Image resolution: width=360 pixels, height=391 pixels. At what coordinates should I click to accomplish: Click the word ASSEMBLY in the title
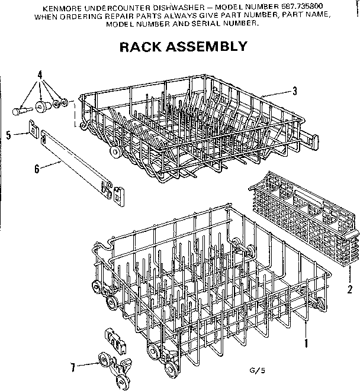point(208,47)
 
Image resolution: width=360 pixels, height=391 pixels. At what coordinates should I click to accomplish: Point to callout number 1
point(307,342)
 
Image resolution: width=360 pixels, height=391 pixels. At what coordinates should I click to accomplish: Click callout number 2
point(350,289)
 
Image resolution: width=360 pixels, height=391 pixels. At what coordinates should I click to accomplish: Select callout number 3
point(294,91)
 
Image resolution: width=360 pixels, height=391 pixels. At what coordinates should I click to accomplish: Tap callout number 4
point(40,75)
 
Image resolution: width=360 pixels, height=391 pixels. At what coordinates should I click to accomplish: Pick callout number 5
point(9,135)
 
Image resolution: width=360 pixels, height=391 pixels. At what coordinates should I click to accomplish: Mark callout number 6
point(37,169)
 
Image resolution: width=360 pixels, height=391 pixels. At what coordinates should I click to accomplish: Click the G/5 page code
point(256,370)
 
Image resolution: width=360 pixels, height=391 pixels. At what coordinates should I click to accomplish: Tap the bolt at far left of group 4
point(21,109)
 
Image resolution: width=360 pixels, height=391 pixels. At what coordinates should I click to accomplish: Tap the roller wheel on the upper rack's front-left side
point(115,153)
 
